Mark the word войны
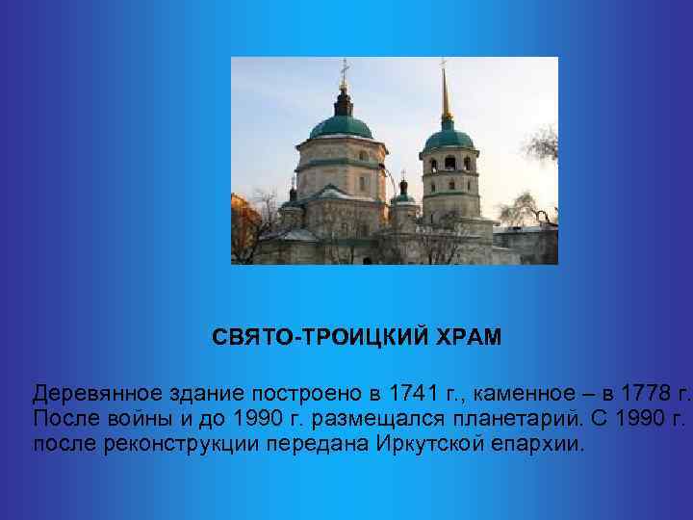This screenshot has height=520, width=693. click(137, 420)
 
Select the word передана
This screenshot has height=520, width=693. click(309, 446)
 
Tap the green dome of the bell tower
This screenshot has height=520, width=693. click(448, 136)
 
